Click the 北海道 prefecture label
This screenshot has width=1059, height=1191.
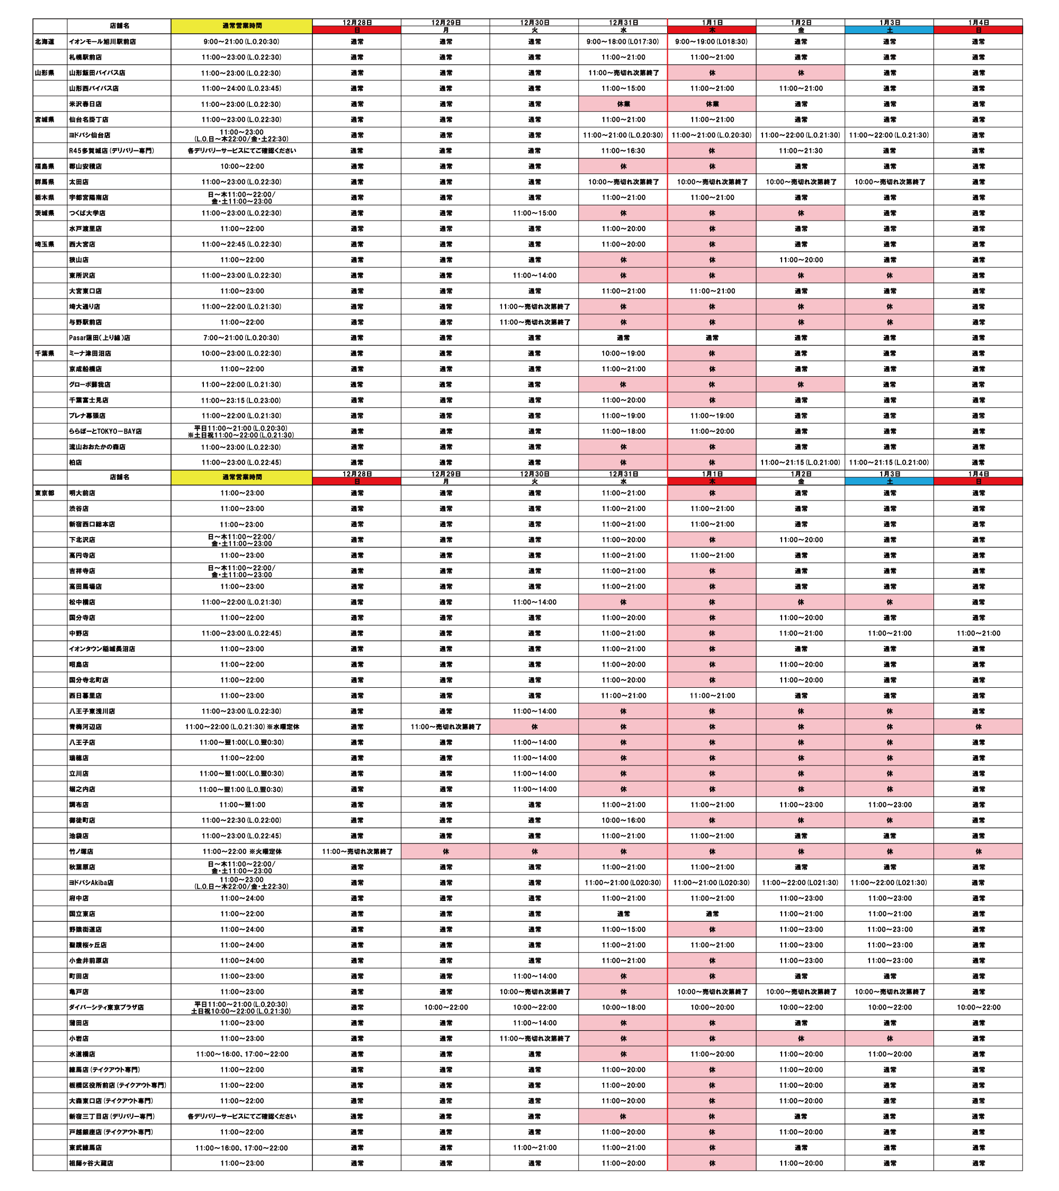(x=44, y=42)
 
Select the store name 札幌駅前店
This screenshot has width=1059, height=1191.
(x=85, y=57)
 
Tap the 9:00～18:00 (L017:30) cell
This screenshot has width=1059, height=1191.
(x=623, y=42)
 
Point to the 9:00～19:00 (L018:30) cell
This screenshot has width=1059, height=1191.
(x=712, y=42)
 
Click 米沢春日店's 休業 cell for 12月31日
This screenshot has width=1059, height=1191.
(x=623, y=104)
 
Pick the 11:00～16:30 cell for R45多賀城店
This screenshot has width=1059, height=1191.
(x=623, y=151)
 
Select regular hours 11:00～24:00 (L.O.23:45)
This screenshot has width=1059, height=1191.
(x=241, y=88)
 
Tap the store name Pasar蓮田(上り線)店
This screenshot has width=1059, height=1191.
(x=99, y=338)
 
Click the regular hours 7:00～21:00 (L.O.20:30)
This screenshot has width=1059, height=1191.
(x=241, y=338)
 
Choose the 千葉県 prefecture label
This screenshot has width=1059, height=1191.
(x=44, y=353)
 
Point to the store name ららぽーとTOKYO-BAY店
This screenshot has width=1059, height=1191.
(x=105, y=432)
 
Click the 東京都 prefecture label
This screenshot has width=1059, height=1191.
(x=44, y=494)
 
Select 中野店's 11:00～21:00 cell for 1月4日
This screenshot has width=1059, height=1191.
(x=978, y=633)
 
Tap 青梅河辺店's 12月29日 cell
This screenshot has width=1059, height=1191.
(x=445, y=727)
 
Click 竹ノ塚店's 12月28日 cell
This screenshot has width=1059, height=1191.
(x=357, y=852)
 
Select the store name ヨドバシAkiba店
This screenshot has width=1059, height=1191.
(x=91, y=883)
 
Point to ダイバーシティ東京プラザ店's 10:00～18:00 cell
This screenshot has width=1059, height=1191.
(x=623, y=1007)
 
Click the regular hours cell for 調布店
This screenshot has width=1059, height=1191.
(x=241, y=805)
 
